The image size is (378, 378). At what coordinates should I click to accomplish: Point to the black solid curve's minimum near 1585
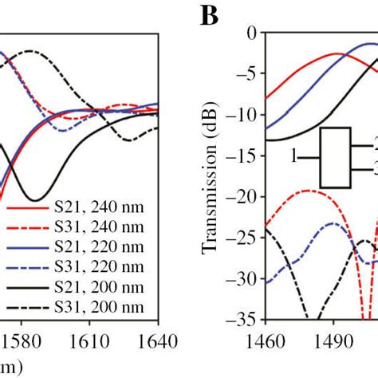34,199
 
